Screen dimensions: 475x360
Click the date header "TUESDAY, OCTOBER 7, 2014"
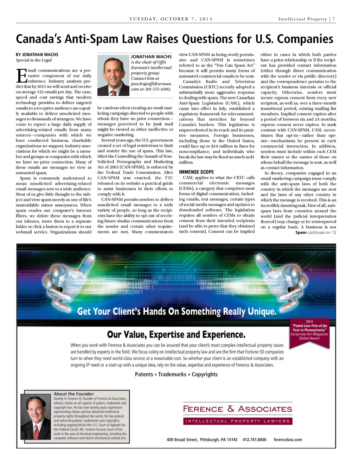[x=171, y=19]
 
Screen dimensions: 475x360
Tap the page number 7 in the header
[x=334, y=19]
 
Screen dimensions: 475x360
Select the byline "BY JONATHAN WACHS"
[x=37, y=55]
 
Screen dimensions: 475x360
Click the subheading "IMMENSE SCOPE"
[x=196, y=172]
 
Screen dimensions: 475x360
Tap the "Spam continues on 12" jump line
[x=315, y=232]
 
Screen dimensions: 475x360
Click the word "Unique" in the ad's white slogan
[x=262, y=311]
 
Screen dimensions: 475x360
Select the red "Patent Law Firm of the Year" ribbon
[x=309, y=331]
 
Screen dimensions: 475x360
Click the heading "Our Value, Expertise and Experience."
[x=176, y=334]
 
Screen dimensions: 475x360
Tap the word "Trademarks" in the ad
[x=172, y=374]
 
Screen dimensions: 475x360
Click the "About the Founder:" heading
[x=74, y=394]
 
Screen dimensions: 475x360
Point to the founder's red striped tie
[x=36, y=431]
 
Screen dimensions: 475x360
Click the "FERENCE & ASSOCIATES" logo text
[x=237, y=409]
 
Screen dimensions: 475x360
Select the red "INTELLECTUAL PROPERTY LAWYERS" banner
[x=237, y=421]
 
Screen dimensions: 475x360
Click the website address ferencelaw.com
[x=288, y=439]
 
